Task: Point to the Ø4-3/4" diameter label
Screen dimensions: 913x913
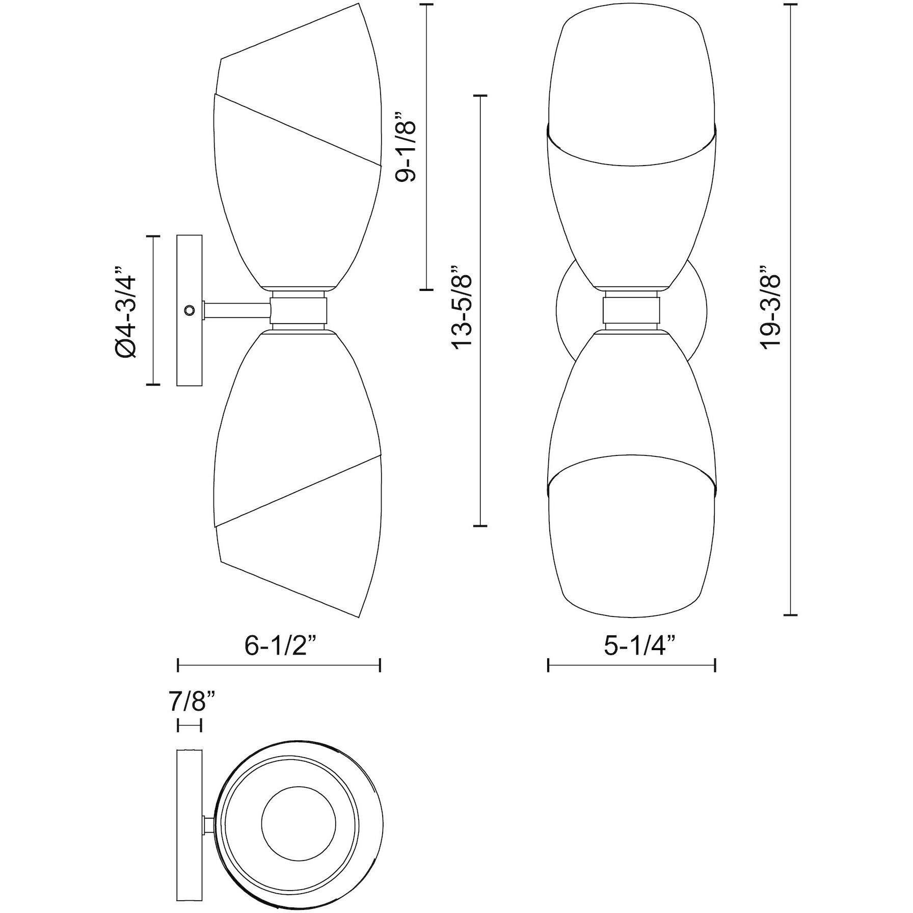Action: click(x=125, y=311)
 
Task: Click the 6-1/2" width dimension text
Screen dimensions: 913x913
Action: click(x=284, y=646)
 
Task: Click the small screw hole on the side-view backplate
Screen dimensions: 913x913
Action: click(x=190, y=309)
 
